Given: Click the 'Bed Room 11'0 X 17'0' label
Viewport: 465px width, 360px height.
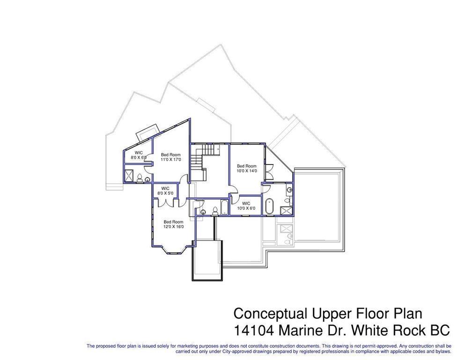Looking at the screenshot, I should (171, 157).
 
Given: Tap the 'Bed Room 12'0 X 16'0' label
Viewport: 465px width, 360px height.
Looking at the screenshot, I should (173, 224).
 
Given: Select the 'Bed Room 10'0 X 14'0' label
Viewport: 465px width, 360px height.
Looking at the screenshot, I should (246, 168).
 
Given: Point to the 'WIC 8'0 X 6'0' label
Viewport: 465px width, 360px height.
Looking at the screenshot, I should (139, 155).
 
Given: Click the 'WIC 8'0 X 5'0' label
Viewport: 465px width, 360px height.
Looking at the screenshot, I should (165, 191).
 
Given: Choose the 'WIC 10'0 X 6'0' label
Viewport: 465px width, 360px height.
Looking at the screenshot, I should (246, 206).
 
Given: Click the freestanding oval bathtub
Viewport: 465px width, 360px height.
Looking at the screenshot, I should (269, 206).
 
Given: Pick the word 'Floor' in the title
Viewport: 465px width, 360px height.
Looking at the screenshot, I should (366, 314).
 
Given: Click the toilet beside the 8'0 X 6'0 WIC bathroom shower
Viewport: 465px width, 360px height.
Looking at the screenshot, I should (147, 179).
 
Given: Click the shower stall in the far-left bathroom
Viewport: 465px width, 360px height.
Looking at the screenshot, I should (139, 177).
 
